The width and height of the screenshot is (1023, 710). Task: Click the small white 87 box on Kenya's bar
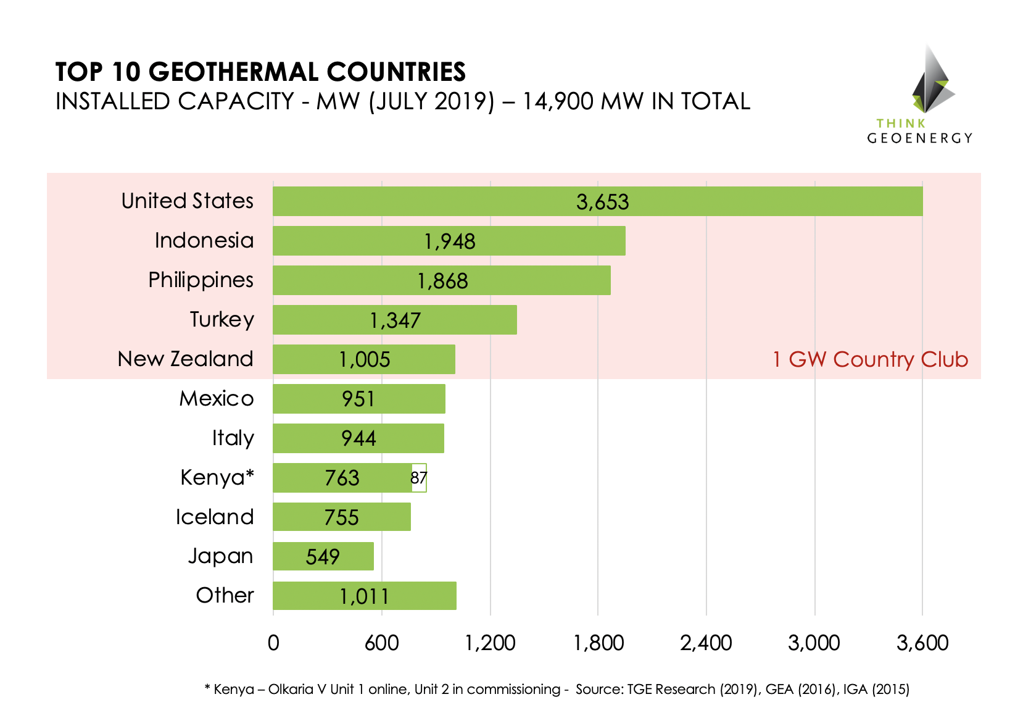(419, 478)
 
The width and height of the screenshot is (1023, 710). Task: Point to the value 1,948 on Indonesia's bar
(449, 241)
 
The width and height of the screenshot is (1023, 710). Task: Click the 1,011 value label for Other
(364, 596)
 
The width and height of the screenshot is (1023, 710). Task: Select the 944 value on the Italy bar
(358, 438)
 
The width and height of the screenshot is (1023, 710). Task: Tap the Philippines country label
(201, 280)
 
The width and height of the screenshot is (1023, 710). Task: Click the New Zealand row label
(185, 359)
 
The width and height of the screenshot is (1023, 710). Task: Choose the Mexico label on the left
(216, 398)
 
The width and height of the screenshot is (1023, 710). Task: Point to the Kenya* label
(217, 477)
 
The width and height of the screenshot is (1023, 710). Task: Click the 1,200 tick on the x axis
(490, 643)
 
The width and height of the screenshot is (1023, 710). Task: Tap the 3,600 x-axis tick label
(922, 643)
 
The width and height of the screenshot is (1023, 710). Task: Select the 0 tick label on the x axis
(273, 643)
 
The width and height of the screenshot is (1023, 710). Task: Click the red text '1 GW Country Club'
(870, 359)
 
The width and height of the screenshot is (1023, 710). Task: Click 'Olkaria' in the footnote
(290, 689)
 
